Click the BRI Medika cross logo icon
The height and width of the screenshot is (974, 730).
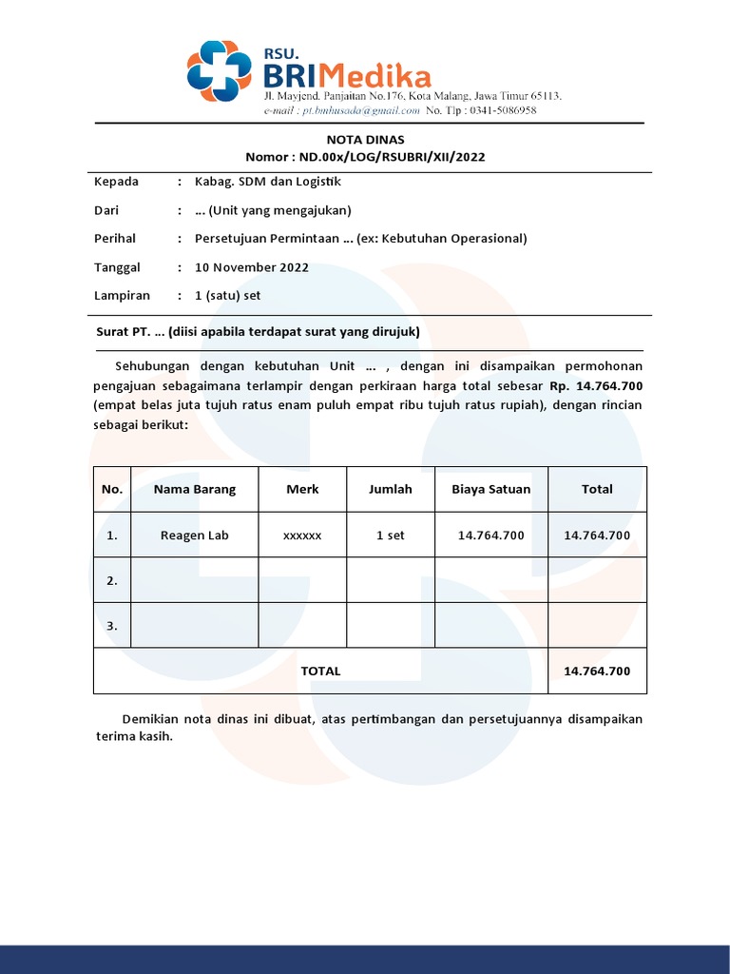pyautogui.click(x=220, y=71)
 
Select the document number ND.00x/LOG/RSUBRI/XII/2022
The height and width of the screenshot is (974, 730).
pyautogui.click(x=392, y=157)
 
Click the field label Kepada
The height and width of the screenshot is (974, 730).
pyautogui.click(x=116, y=182)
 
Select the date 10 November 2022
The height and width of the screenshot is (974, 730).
pyautogui.click(x=252, y=267)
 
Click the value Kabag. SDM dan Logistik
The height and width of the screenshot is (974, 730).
pyautogui.click(x=267, y=182)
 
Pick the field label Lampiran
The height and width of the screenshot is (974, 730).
pyautogui.click(x=122, y=296)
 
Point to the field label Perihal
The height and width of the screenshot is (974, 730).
pyautogui.click(x=115, y=239)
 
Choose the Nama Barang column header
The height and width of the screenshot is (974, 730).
pyautogui.click(x=195, y=490)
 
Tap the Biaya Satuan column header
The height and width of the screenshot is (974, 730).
pyautogui.click(x=491, y=490)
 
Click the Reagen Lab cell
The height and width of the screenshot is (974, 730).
pyautogui.click(x=195, y=536)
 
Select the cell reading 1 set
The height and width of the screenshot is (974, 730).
pyautogui.click(x=391, y=536)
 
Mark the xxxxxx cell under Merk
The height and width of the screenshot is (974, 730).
pyautogui.click(x=302, y=536)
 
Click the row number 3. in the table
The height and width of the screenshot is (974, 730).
pyautogui.click(x=112, y=626)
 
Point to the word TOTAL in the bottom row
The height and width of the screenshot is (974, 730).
pyautogui.click(x=320, y=671)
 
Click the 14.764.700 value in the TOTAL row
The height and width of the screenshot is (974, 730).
pyautogui.click(x=597, y=671)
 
